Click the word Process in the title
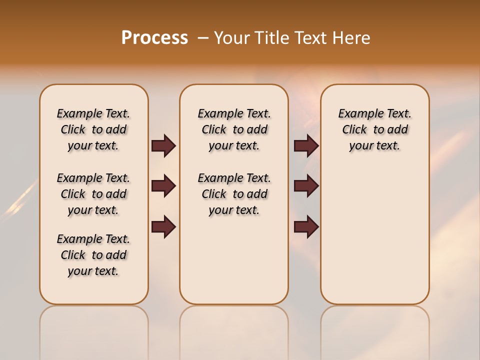(x=154, y=38)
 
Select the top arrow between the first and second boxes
(x=163, y=146)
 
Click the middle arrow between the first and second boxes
(x=163, y=186)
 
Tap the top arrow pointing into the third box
(x=306, y=146)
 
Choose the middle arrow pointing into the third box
(x=306, y=186)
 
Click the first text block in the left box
(x=93, y=129)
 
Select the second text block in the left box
(x=93, y=194)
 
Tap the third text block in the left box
(x=93, y=255)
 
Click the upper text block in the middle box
(x=234, y=129)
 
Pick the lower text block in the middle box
(x=234, y=194)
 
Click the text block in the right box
(x=374, y=129)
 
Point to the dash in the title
(x=203, y=38)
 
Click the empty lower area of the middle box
(x=234, y=260)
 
